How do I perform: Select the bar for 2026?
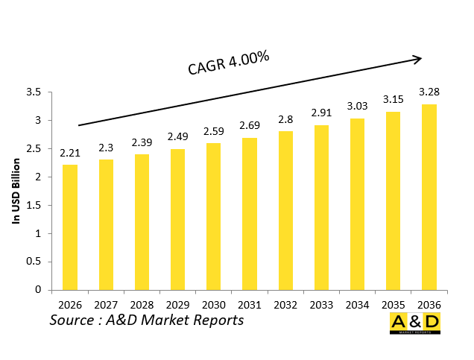(69, 227)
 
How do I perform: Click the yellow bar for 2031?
(250, 214)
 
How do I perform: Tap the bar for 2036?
(429, 197)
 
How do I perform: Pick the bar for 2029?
(177, 219)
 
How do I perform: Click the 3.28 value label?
(429, 92)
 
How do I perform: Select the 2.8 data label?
(285, 119)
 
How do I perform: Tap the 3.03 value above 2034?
(358, 106)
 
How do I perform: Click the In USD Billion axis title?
(15, 191)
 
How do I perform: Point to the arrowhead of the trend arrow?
(418, 57)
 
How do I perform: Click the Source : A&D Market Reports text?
(147, 320)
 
